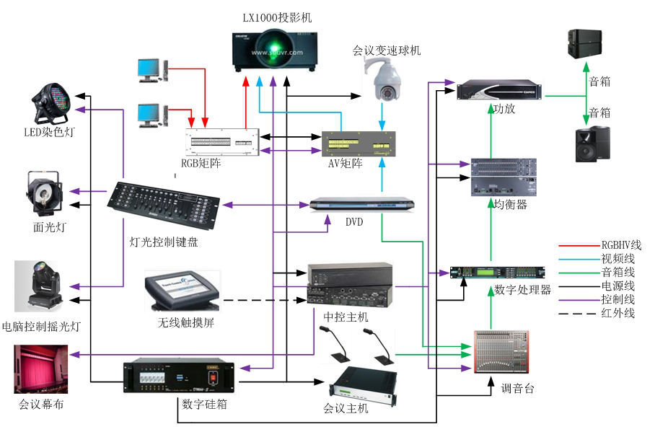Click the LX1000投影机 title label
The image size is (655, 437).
(x=277, y=17)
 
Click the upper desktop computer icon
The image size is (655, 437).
(x=151, y=70)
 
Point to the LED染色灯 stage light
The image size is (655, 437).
(x=51, y=104)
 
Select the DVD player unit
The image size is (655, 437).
(x=364, y=204)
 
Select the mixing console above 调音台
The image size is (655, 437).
(x=501, y=352)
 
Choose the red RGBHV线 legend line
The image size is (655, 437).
(x=576, y=245)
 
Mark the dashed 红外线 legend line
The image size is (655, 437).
(x=576, y=313)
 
